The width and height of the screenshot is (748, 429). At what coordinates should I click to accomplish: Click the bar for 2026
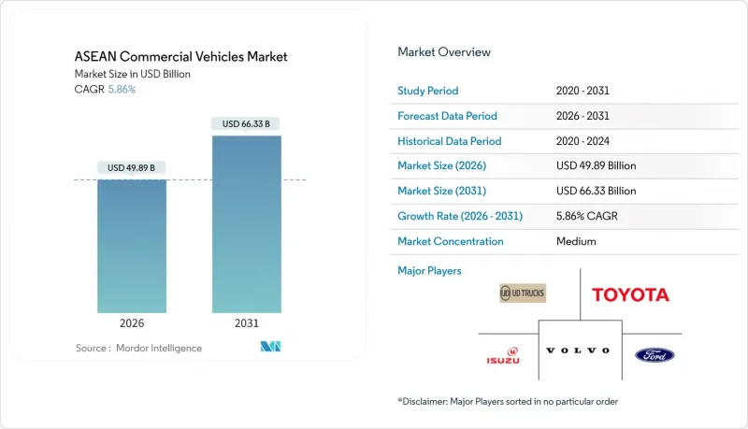[132, 246]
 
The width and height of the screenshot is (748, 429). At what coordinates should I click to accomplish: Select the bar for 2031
[246, 224]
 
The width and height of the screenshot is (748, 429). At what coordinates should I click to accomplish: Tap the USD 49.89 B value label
[132, 168]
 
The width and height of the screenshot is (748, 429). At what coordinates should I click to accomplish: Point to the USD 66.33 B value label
[246, 123]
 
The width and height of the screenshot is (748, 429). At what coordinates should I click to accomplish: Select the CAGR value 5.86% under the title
[121, 89]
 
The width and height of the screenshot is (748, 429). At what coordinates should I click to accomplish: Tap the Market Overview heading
[444, 52]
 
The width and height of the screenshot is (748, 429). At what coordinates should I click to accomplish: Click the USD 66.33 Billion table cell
[595, 191]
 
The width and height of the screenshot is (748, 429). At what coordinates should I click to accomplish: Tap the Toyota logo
[630, 294]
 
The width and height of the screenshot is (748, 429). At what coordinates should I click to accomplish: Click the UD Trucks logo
[523, 293]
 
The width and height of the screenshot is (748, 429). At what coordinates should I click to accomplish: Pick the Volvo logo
[577, 350]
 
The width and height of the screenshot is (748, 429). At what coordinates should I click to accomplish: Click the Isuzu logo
[502, 355]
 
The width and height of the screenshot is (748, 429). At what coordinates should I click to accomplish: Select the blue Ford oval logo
[654, 355]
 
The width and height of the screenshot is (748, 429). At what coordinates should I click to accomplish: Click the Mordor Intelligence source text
[138, 348]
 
